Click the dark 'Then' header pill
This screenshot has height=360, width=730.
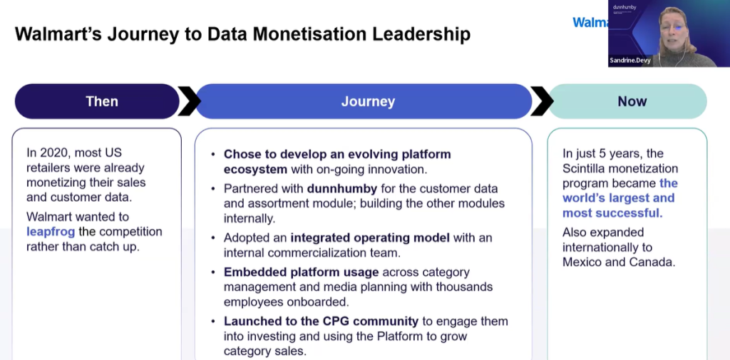[97, 101]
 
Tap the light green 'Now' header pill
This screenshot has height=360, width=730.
[628, 101]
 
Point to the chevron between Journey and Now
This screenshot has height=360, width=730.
[542, 101]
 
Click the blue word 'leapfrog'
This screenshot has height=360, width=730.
[51, 232]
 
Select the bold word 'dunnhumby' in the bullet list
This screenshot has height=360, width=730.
[342, 189]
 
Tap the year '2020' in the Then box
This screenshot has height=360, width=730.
[54, 153]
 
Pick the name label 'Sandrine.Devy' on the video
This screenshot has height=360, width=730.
[630, 61]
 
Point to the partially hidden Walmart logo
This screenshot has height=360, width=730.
[590, 22]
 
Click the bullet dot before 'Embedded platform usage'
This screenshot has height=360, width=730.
[213, 272]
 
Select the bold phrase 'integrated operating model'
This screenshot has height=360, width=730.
[370, 238]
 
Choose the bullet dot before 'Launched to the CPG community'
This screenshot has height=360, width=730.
[213, 322]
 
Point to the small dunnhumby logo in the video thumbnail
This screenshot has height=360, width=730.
[624, 7]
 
